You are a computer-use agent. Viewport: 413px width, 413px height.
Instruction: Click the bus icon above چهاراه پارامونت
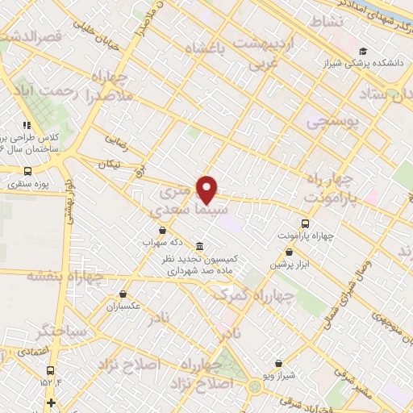pyautogui.click(x=305, y=223)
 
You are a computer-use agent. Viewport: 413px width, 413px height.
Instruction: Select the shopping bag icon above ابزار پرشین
pyautogui.click(x=277, y=252)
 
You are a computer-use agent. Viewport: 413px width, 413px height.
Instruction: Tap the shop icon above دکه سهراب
pyautogui.click(x=163, y=231)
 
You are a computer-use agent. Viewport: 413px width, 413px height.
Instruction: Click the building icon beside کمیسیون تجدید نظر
pyautogui.click(x=198, y=247)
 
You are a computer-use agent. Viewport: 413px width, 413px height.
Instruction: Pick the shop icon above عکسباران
pyautogui.click(x=123, y=294)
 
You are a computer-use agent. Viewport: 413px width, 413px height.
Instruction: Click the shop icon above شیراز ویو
pyautogui.click(x=278, y=364)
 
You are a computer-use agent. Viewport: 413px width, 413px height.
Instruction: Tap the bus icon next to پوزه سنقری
pyautogui.click(x=29, y=171)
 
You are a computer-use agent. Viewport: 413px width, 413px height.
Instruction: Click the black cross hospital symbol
pyautogui.click(x=52, y=403)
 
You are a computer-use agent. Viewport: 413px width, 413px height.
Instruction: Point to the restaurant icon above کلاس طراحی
pyautogui.click(x=27, y=125)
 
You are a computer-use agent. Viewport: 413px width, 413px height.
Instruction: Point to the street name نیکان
pyautogui.click(x=107, y=165)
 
